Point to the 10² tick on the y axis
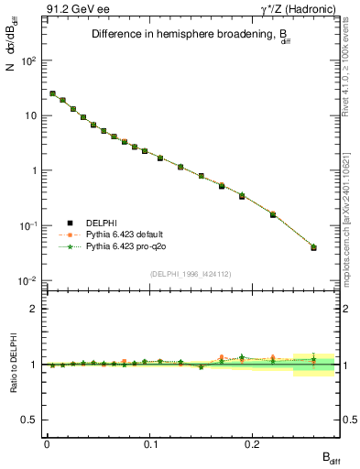[27, 60]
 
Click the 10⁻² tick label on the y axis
[27, 280]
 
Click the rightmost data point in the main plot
[313, 247]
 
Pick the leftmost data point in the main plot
[52, 93]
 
